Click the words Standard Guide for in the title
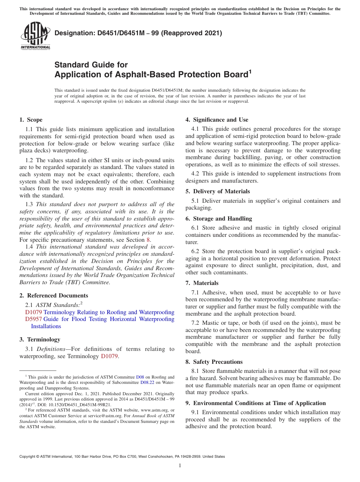coord(91,65)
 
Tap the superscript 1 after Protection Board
coord(250,71)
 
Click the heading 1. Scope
coord(31,120)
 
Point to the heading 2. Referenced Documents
coord(53,296)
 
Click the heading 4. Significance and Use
coord(217,120)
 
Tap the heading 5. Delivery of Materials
coord(218,191)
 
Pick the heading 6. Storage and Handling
coord(219,219)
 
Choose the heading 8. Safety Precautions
coord(214,362)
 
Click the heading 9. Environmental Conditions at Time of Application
coord(255,403)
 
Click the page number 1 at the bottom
coord(180,466)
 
